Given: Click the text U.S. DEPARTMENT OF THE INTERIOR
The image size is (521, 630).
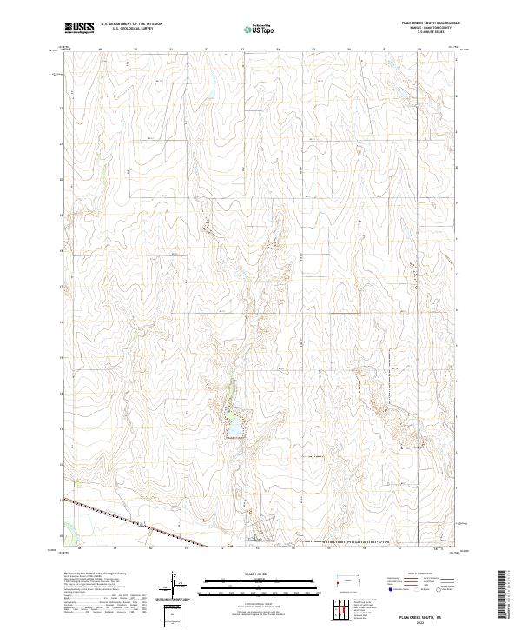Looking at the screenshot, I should click(131, 25).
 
